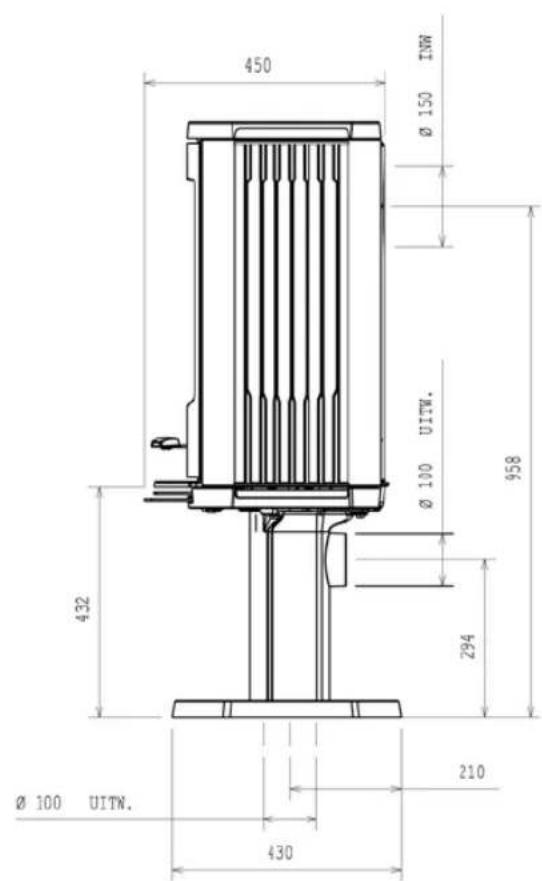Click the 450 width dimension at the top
(x=257, y=66)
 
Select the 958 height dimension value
(x=514, y=467)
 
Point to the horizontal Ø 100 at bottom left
(x=38, y=803)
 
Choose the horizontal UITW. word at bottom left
(x=111, y=803)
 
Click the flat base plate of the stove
(x=286, y=709)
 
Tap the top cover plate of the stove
(x=284, y=130)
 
